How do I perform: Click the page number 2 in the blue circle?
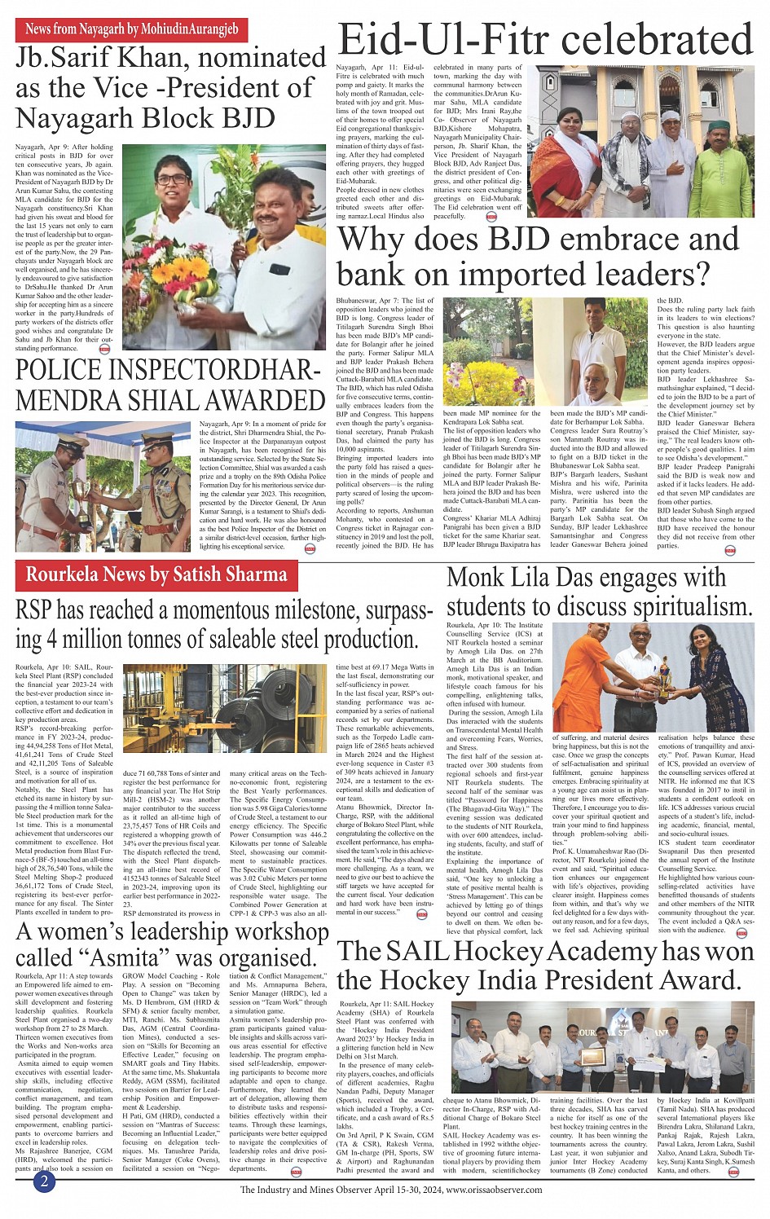(44, 1181)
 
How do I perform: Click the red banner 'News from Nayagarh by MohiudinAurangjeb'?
(131, 29)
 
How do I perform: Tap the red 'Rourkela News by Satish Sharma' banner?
(157, 574)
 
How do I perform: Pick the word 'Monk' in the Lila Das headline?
(478, 578)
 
